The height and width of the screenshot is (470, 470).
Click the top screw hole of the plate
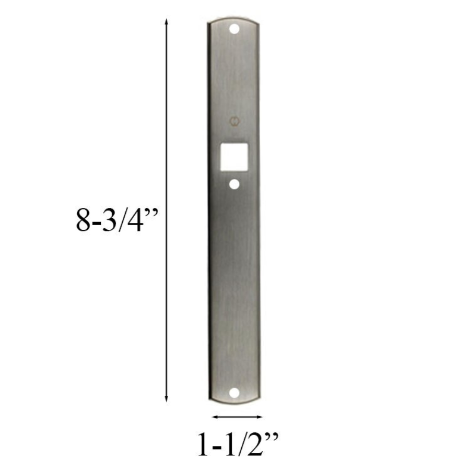234,29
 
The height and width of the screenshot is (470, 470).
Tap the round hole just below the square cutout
234,184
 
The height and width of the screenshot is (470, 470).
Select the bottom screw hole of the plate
234,393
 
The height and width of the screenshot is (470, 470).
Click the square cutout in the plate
234,157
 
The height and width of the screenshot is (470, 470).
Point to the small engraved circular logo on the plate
234,121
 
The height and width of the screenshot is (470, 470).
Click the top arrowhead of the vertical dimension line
167,21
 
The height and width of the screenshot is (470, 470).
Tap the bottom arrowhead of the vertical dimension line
167,398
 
